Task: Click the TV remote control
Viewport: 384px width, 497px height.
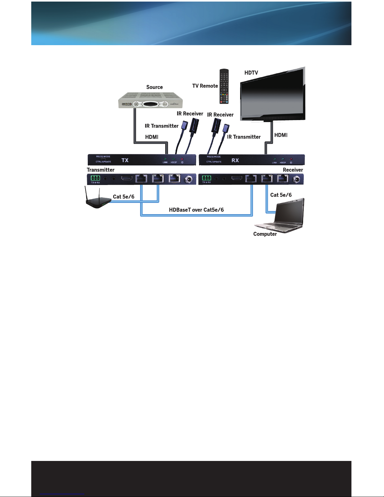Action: (x=224, y=86)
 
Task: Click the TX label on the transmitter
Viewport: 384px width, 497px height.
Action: (x=125, y=160)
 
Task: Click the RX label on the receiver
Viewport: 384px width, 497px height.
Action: (x=235, y=160)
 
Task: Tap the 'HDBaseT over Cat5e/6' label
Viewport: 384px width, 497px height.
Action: (x=196, y=210)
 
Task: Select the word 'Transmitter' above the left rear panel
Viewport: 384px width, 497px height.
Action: (x=101, y=170)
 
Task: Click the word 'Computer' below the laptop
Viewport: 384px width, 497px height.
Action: (x=265, y=234)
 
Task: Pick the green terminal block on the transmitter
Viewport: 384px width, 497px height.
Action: (x=95, y=179)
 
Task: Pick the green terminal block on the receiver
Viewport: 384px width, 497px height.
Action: (x=207, y=179)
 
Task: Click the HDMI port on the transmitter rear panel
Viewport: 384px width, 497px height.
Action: (x=127, y=179)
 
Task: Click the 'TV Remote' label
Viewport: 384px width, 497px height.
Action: (x=205, y=86)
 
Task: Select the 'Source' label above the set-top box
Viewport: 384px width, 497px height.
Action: (x=155, y=87)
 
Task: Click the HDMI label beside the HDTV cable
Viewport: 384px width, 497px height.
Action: (x=281, y=135)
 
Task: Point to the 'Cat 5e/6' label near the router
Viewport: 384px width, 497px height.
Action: (x=124, y=197)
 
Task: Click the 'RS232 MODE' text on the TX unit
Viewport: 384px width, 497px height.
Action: (x=103, y=156)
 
